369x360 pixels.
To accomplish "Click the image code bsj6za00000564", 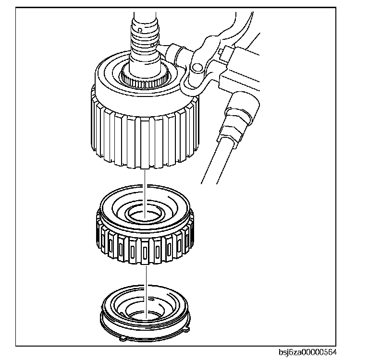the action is [307, 352].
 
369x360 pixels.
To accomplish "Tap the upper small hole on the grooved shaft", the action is [140, 30].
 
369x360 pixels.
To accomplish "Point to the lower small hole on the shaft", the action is [152, 45].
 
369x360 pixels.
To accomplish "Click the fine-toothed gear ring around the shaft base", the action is [145, 77].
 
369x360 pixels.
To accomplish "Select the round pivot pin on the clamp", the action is [197, 68].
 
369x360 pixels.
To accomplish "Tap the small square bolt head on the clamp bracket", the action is [220, 51].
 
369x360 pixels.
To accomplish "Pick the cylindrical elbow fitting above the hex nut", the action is [243, 107].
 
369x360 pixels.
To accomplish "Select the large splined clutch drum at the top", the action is [145, 110].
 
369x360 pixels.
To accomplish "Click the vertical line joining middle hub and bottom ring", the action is [146, 291].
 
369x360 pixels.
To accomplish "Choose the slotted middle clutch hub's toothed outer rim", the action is [145, 244].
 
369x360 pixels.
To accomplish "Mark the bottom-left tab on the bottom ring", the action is [123, 339].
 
